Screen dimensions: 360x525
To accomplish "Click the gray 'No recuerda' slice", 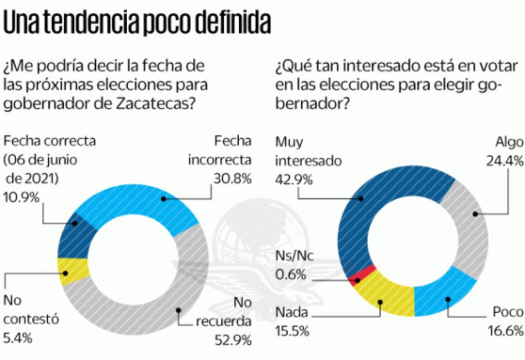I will pyautogui.click(x=174, y=302).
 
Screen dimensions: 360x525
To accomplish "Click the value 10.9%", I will pyautogui.click(x=21, y=197).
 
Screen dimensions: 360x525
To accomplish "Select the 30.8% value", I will pyautogui.click(x=232, y=179).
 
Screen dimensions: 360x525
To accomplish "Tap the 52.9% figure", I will pyautogui.click(x=232, y=340).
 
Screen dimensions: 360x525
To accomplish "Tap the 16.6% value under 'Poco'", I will pyautogui.click(x=504, y=332).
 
